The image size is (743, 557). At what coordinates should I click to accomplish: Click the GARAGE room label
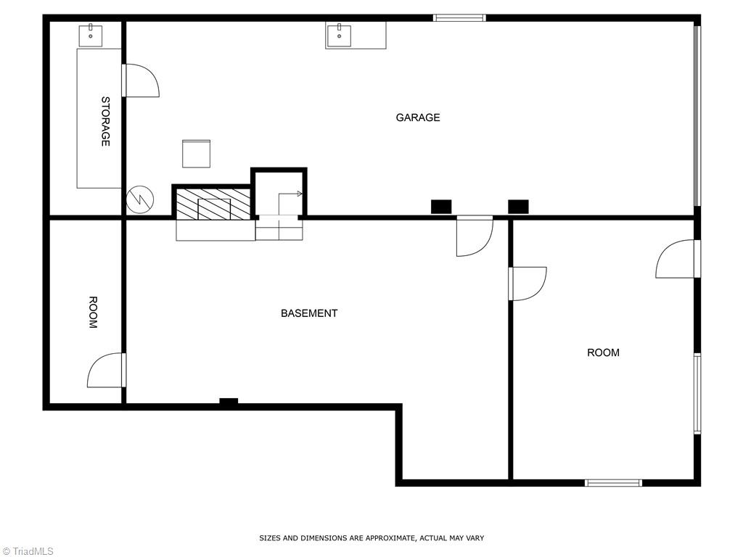click(418, 117)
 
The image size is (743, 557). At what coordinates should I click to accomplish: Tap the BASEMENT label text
click(309, 313)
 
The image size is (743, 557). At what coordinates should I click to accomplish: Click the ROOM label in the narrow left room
click(93, 313)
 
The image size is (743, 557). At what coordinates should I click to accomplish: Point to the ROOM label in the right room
click(603, 352)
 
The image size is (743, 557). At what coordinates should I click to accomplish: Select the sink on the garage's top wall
click(339, 34)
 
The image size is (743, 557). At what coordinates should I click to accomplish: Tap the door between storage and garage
click(141, 81)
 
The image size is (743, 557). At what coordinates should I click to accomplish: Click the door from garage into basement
click(474, 237)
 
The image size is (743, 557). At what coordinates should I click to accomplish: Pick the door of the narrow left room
click(107, 370)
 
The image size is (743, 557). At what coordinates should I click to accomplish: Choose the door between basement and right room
click(528, 284)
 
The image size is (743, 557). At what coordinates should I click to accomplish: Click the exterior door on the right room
click(678, 260)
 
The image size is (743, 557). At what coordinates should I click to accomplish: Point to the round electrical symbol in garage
click(139, 199)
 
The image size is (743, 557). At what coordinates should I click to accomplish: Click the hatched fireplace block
click(214, 205)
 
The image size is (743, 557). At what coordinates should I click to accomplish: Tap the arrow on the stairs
click(291, 194)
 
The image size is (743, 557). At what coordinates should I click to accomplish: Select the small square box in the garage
click(196, 154)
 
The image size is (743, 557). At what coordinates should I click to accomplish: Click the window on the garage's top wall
click(459, 18)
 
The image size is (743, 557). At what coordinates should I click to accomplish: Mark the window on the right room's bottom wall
click(613, 482)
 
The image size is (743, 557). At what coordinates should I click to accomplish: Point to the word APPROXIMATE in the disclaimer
click(390, 538)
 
